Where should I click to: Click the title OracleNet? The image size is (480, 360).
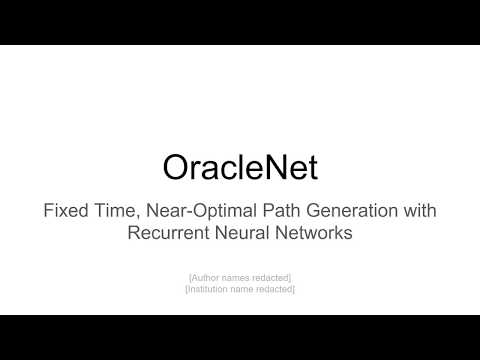tap(240, 167)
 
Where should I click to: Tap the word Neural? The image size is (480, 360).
tap(244, 234)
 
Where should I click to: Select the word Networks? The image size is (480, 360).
tap(313, 234)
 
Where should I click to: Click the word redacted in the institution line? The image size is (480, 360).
tap(276, 289)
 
